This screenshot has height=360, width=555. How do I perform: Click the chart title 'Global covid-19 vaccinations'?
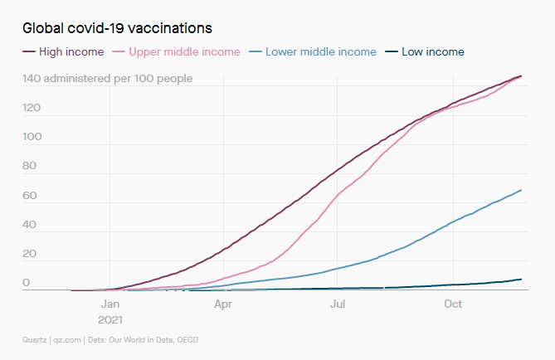click(117, 27)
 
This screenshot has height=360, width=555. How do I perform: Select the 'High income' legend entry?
click(71, 51)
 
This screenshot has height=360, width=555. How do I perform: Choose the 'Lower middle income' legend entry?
click(319, 51)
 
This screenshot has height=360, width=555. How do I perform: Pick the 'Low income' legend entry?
click(432, 51)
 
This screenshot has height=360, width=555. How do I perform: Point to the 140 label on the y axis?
click(32, 79)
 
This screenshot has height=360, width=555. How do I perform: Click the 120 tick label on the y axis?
click(32, 108)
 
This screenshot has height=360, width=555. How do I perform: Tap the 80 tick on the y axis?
click(29, 166)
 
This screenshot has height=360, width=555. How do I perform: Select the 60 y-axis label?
click(29, 196)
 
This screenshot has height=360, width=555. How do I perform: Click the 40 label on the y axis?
click(29, 225)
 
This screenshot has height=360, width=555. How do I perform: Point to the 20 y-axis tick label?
click(29, 254)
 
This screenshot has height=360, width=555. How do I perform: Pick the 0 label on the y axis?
click(26, 283)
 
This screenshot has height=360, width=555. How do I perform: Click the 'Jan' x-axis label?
click(110, 304)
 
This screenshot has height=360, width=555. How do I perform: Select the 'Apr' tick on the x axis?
click(223, 304)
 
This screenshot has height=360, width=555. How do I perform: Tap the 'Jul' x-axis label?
click(338, 304)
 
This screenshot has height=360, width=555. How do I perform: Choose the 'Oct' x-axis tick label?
click(452, 304)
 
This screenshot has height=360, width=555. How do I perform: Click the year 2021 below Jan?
click(110, 318)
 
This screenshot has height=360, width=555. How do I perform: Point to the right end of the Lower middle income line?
click(521, 190)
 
